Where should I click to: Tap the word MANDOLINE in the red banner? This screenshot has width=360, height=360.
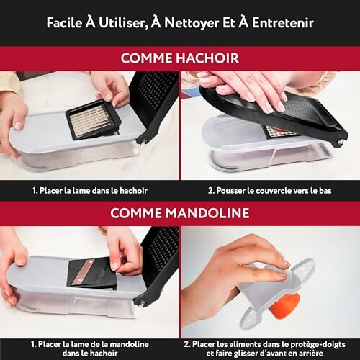click(x=207, y=213)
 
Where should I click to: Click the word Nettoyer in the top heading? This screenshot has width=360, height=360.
click(x=192, y=23)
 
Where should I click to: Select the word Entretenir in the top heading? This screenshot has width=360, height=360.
click(x=283, y=23)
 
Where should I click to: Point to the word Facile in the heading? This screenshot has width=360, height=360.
click(x=64, y=23)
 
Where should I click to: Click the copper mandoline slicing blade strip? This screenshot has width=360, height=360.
click(x=82, y=273)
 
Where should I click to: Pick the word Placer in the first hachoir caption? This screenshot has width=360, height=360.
click(x=51, y=191)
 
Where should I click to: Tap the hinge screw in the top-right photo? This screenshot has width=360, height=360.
click(x=341, y=143)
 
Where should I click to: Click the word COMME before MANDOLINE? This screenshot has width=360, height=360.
click(x=136, y=213)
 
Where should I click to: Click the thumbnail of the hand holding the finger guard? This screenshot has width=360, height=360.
click(x=270, y=282)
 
